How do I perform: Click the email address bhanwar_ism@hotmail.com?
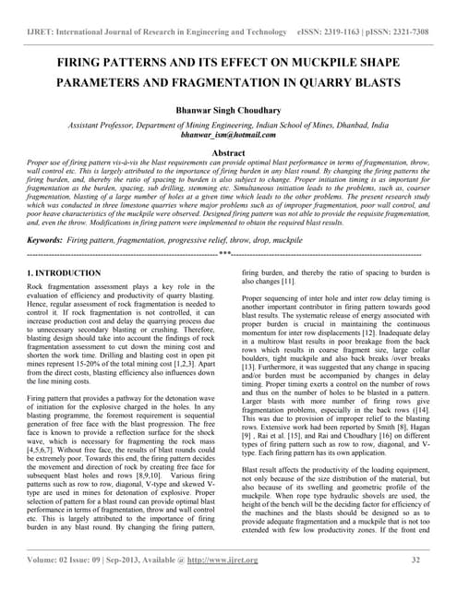pyautogui.click(x=228, y=134)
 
